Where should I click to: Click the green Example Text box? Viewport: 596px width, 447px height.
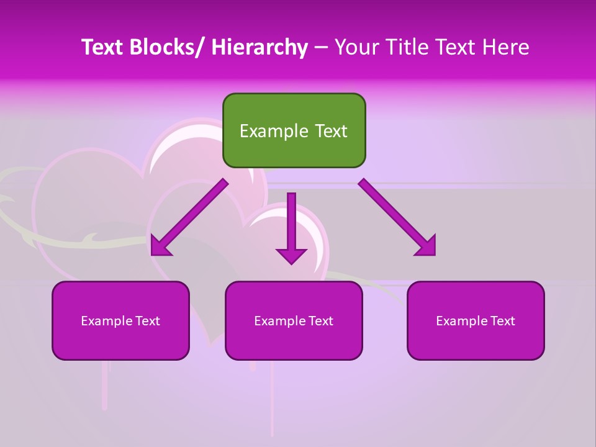pyautogui.click(x=294, y=130)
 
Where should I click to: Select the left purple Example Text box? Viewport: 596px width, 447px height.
pyautogui.click(x=120, y=320)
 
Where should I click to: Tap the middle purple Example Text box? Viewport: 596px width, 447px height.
pyautogui.click(x=294, y=320)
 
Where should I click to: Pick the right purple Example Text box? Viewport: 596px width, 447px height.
pyautogui.click(x=476, y=320)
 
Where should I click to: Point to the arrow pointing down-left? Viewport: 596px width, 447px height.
pyautogui.click(x=189, y=217)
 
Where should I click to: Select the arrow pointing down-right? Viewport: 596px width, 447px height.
pyautogui.click(x=397, y=217)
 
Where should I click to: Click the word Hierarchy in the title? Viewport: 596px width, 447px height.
pyautogui.click(x=260, y=47)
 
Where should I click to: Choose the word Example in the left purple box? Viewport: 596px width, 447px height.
pyautogui.click(x=106, y=321)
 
